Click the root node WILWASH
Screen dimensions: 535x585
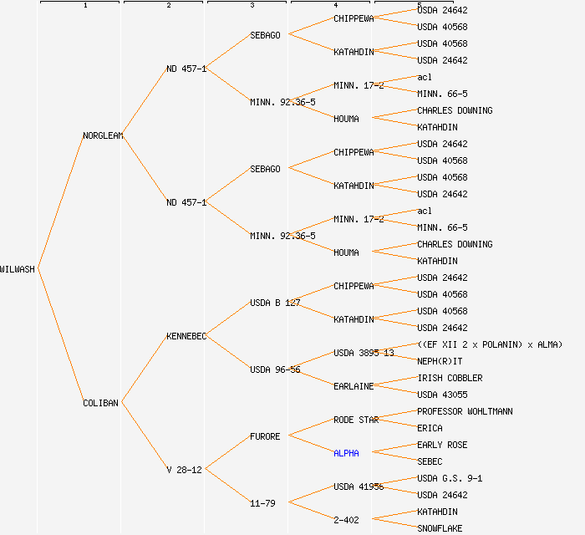click(x=18, y=269)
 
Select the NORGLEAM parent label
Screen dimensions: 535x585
click(x=103, y=135)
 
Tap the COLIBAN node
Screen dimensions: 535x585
click(x=101, y=403)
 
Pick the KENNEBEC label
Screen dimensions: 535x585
click(x=186, y=336)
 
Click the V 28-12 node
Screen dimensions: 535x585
click(x=184, y=470)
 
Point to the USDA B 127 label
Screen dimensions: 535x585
click(x=275, y=303)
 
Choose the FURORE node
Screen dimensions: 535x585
click(x=265, y=436)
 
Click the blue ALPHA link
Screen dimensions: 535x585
click(x=346, y=453)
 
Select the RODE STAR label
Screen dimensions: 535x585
click(x=356, y=420)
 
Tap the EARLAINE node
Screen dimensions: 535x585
click(x=354, y=386)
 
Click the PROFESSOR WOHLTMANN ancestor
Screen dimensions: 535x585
click(x=465, y=411)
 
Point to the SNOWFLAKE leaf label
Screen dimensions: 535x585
click(x=440, y=528)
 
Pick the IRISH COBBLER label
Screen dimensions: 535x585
click(x=450, y=378)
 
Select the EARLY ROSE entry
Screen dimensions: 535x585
click(x=442, y=445)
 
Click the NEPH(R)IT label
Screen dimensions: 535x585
click(x=440, y=361)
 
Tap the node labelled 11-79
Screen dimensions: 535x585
click(x=262, y=503)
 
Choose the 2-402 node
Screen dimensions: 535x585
click(x=346, y=520)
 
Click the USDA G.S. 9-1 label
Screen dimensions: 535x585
click(x=450, y=478)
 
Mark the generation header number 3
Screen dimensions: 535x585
click(x=252, y=6)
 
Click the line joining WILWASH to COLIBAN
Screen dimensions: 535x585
click(x=60, y=336)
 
